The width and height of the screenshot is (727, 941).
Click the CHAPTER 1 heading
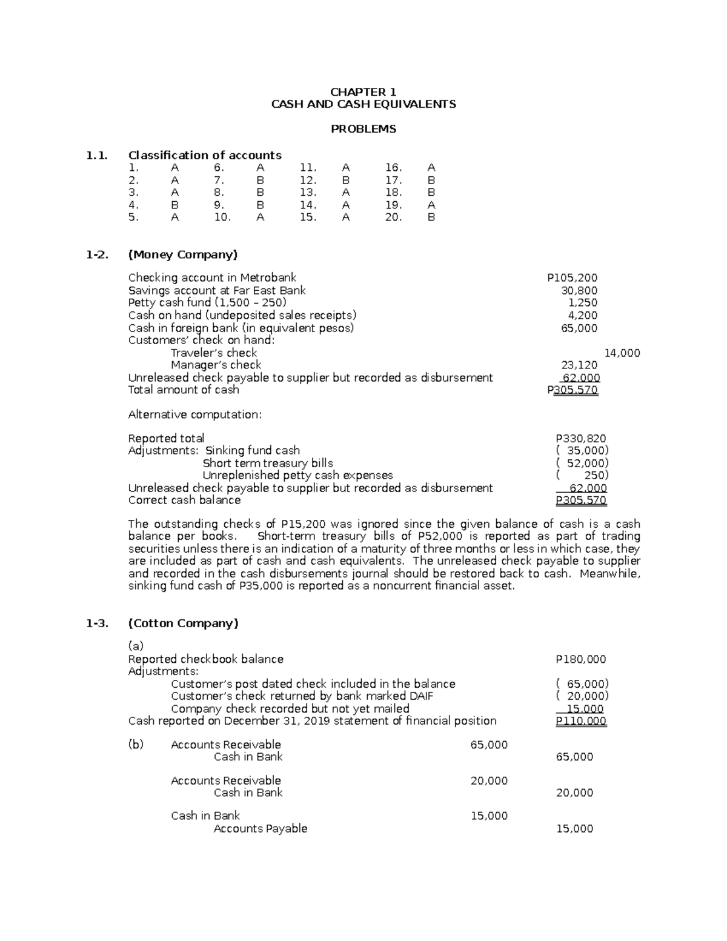pyautogui.click(x=363, y=92)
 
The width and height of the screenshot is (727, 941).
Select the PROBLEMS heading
pyautogui.click(x=363, y=129)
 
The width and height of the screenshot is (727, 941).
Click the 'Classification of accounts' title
pyautogui.click(x=205, y=155)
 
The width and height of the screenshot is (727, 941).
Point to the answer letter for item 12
pyautogui.click(x=346, y=180)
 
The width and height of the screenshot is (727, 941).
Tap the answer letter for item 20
pyautogui.click(x=431, y=217)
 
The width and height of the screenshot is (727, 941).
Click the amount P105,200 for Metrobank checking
pyautogui.click(x=571, y=278)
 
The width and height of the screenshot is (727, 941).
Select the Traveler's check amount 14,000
pyautogui.click(x=622, y=353)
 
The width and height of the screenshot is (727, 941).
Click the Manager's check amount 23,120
pyautogui.click(x=579, y=365)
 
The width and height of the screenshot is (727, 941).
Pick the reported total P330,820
pyautogui.click(x=580, y=439)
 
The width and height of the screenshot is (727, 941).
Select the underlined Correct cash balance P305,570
pyautogui.click(x=580, y=500)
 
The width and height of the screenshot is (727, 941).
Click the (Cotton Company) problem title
pyautogui.click(x=184, y=623)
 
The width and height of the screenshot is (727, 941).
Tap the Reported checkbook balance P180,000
pyautogui.click(x=580, y=659)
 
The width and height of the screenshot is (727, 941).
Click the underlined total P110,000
pyautogui.click(x=580, y=721)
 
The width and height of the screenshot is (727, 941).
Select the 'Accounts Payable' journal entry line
pyautogui.click(x=261, y=829)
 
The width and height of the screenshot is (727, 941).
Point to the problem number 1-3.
pyautogui.click(x=97, y=623)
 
